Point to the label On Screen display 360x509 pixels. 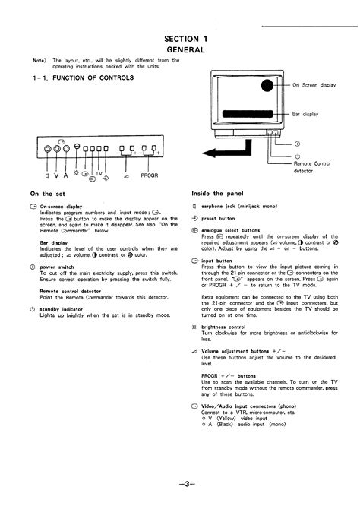(319, 85)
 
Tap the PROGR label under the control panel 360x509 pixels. (149, 175)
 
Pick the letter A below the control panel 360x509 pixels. (65, 174)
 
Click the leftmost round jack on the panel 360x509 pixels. (46, 150)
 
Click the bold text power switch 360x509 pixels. (58, 267)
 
